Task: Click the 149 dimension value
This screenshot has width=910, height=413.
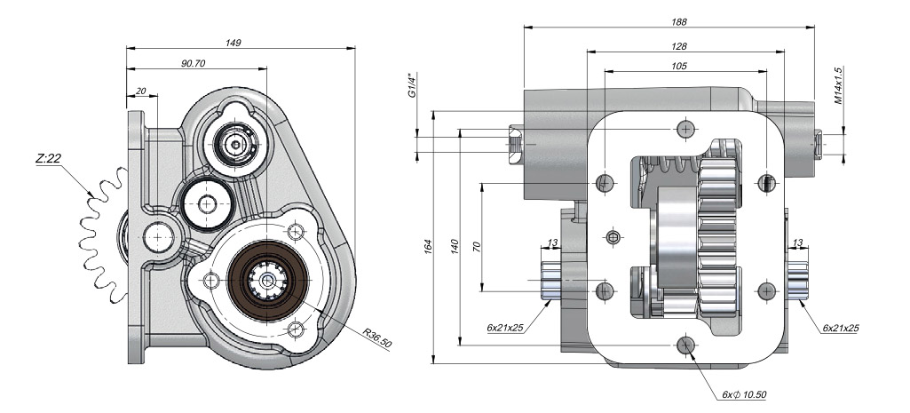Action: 233,42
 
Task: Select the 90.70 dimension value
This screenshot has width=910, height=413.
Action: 193,63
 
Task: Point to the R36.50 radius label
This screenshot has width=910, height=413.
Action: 377,338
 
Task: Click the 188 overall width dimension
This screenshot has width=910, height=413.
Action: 681,21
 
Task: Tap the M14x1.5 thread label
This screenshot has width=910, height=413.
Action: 839,85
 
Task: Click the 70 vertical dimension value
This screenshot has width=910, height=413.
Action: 477,246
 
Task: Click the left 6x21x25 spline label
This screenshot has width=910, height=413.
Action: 504,328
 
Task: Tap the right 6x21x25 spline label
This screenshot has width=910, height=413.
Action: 840,328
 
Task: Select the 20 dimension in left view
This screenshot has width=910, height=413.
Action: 141,90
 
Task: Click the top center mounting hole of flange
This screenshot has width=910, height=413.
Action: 684,130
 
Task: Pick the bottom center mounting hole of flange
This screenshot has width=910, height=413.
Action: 684,345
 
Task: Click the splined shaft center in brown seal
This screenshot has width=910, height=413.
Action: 267,280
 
